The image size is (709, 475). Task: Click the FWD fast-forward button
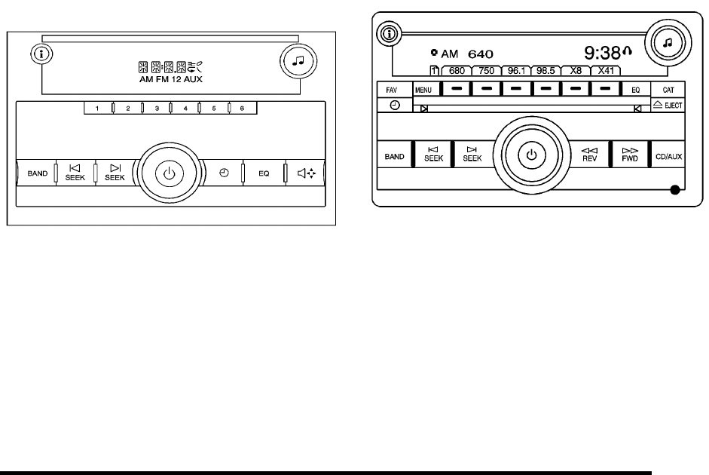630,155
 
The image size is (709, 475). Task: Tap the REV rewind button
591,155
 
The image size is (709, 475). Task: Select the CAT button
668,89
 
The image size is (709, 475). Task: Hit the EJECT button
668,106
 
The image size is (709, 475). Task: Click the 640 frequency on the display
479,54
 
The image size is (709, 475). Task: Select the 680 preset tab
456,71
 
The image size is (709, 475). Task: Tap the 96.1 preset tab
518,71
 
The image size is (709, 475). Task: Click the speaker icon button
305,173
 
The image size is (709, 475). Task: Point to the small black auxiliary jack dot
674,190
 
